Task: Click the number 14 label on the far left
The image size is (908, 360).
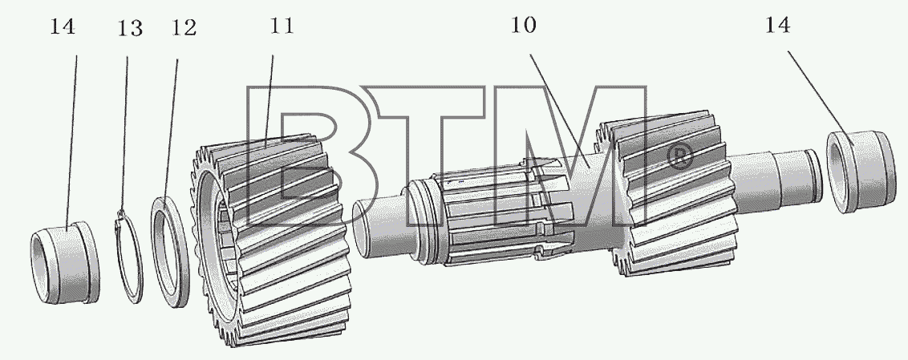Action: [63, 26]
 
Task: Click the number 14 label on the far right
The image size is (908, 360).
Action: [778, 25]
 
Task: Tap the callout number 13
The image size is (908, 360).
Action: [130, 28]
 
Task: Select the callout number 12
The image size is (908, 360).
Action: [184, 28]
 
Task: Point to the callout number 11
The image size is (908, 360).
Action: [282, 26]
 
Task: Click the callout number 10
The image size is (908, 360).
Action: [523, 25]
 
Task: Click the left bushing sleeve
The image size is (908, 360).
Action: [65, 262]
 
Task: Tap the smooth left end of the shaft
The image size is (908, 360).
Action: [379, 227]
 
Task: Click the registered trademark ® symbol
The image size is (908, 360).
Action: [681, 156]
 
